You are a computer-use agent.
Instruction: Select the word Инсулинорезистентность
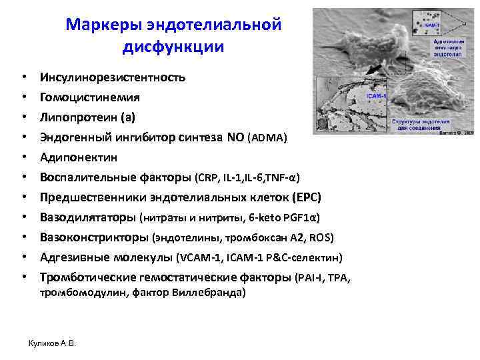point(112,77)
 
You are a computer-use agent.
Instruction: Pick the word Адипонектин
point(78,158)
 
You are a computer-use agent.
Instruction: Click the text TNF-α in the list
point(285,178)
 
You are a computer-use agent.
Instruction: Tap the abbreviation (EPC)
point(306,198)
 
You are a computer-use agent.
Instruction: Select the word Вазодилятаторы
point(87,217)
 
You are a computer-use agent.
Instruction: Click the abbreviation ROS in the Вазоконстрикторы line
point(322,238)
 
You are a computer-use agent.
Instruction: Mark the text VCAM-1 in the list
point(198,258)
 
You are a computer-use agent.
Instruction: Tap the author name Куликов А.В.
point(52,343)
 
